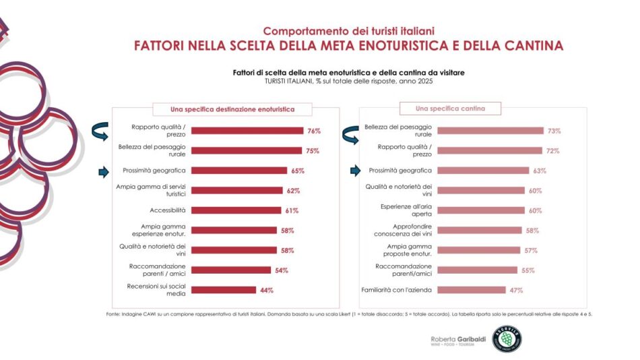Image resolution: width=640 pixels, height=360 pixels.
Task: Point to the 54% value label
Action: (x=281, y=270)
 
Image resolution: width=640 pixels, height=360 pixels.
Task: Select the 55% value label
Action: (x=527, y=270)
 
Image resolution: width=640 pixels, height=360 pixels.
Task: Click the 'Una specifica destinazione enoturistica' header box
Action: (x=223, y=109)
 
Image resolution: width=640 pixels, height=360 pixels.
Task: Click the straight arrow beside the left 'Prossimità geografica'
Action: (x=104, y=171)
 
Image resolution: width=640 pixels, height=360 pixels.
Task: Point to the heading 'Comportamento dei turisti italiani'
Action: (x=348, y=31)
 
